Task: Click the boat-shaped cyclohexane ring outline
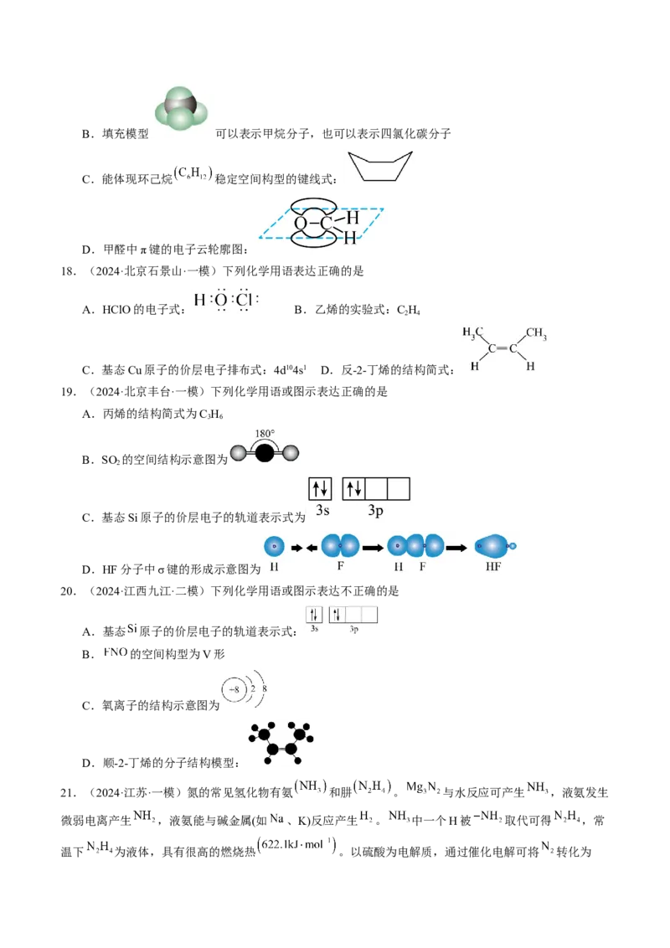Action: (381, 165)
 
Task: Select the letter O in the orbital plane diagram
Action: (301, 223)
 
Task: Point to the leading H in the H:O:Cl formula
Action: (198, 300)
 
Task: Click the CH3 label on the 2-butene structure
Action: (536, 337)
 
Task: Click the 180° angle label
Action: (265, 435)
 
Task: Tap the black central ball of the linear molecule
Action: (265, 453)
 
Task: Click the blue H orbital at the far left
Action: (274, 547)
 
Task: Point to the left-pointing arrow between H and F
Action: (309, 547)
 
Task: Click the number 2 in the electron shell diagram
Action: (253, 688)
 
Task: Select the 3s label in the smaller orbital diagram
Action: (314, 628)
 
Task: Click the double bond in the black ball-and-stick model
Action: (280, 738)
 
